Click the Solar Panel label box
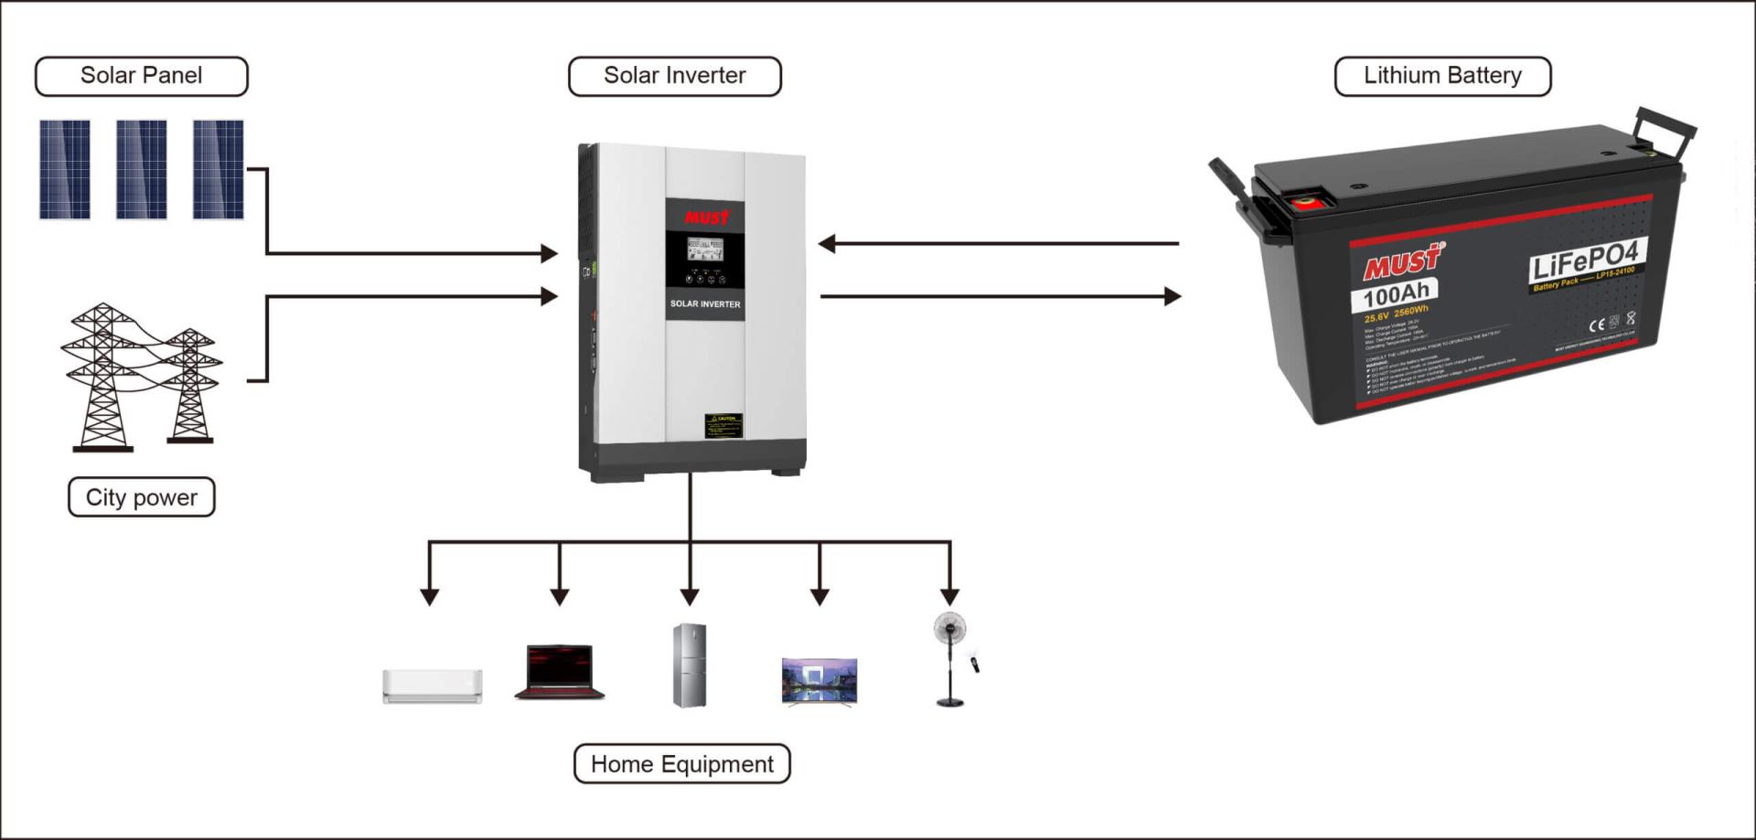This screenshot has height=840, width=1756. pos(141,76)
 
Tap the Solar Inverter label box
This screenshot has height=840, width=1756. pos(674,76)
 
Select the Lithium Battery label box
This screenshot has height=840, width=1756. pos(1442,76)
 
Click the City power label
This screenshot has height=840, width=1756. pos(141,497)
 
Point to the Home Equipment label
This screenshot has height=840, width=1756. pos(681,764)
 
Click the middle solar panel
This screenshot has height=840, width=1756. pos(141,169)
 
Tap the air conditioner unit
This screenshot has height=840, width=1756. pos(432,686)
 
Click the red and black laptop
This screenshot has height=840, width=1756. pos(560,672)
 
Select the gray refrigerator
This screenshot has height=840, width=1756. pos(690,665)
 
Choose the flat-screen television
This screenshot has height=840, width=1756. pos(819,681)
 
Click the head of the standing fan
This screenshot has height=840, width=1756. pos(949,629)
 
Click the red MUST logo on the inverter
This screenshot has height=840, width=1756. pos(707,218)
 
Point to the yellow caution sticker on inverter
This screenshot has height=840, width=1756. pos(723,425)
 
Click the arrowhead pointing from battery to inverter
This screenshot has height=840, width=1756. pos(827,243)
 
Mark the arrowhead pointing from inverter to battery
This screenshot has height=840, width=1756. pos(1172,296)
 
